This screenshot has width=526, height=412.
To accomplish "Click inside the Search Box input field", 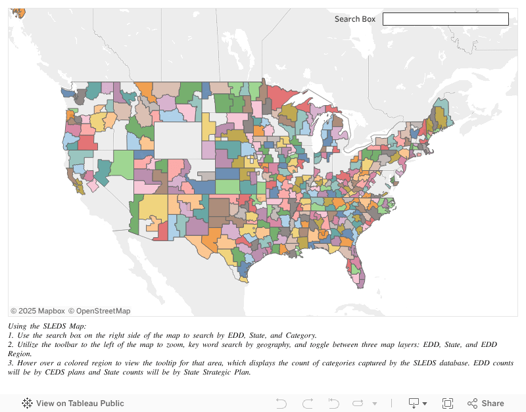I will (445, 19).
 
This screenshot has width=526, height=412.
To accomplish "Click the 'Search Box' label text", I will (354, 19).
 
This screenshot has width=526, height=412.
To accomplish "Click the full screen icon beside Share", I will (448, 403).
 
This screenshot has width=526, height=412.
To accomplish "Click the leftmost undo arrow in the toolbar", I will (281, 403).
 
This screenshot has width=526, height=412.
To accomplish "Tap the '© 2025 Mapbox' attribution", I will (37, 311).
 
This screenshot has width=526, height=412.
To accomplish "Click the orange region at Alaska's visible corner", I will (18, 12).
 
